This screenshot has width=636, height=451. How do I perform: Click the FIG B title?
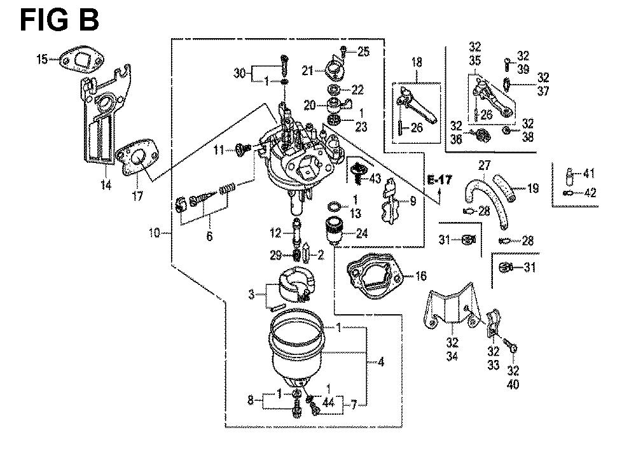59,20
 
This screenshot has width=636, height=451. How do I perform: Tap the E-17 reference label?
439,180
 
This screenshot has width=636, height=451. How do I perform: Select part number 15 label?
42,60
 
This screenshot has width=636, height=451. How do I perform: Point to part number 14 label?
105,185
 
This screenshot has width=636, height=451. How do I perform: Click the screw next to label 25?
343,50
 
